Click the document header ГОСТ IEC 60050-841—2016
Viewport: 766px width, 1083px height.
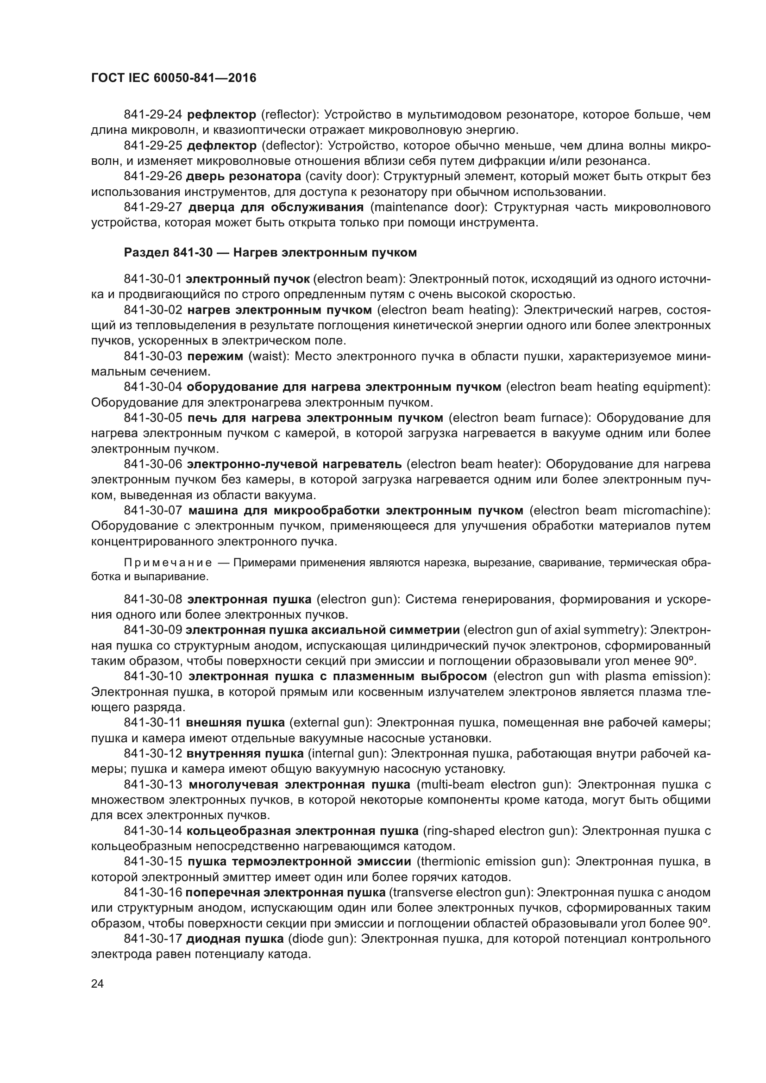(174, 78)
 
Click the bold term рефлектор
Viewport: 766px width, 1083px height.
(222, 115)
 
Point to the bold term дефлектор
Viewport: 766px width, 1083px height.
(222, 146)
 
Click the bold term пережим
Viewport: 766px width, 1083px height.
(215, 357)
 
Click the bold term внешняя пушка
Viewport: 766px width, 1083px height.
(235, 723)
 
